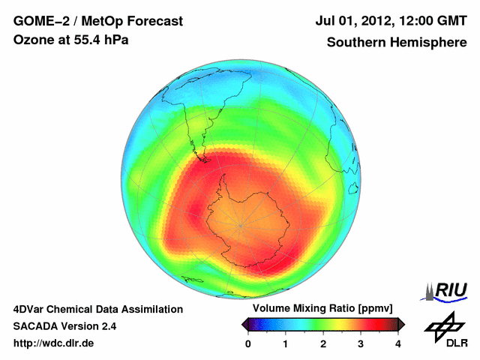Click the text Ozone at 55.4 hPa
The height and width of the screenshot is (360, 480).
point(70,40)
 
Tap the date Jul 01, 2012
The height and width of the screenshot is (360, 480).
point(352,22)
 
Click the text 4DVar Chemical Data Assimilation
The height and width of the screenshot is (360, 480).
point(97,309)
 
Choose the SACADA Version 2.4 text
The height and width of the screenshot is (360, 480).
point(64,326)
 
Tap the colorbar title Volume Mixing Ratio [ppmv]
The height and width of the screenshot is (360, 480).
point(322,309)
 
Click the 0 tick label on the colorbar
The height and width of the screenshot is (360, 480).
point(248,343)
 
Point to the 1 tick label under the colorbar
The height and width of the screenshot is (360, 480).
point(286,343)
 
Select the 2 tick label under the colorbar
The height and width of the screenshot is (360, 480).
point(323,343)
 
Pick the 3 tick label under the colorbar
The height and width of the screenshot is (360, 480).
point(361,343)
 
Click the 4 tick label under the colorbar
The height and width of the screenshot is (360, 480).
point(398,343)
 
